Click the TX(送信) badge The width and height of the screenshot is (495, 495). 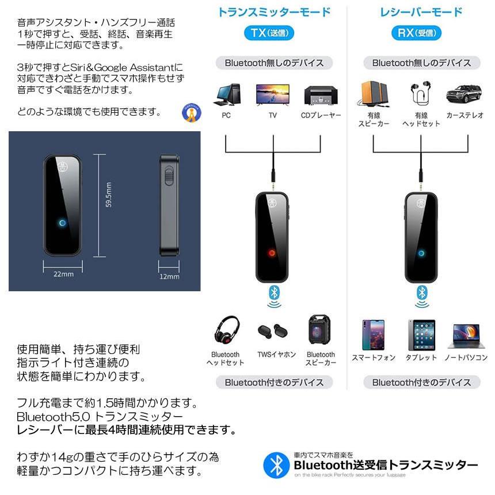[x=273, y=33]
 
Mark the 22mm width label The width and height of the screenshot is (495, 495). [x=63, y=274]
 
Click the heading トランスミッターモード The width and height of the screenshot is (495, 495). [x=273, y=12]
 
